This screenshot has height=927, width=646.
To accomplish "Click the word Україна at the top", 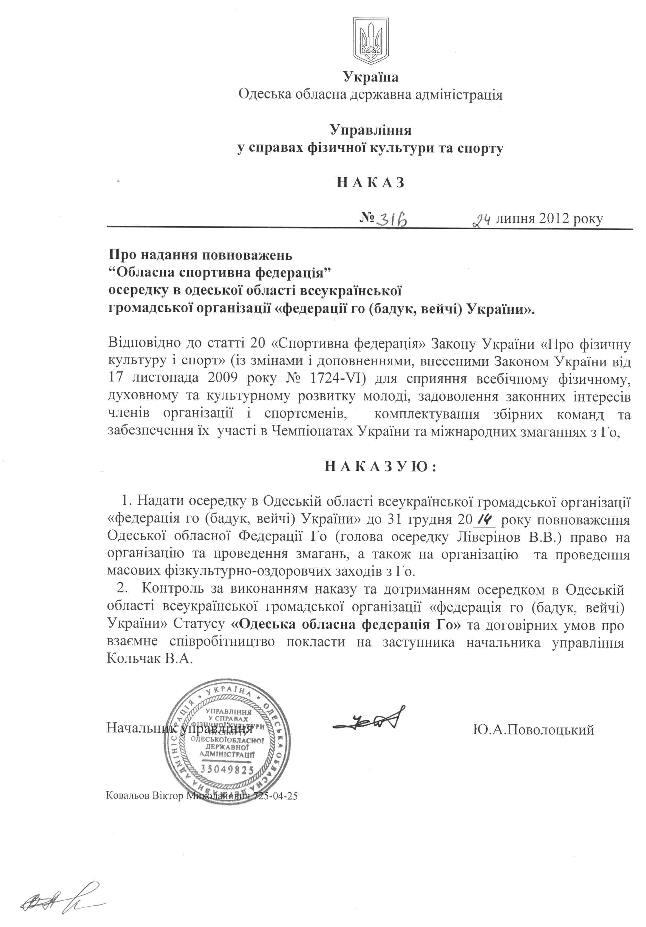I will click(371, 77).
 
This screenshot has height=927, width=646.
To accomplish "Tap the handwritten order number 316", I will click(391, 219).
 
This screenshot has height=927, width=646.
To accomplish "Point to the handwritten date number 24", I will click(482, 220).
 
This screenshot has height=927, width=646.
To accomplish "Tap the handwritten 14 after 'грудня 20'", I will click(484, 518).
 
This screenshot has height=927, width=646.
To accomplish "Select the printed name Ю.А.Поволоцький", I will click(533, 730).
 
